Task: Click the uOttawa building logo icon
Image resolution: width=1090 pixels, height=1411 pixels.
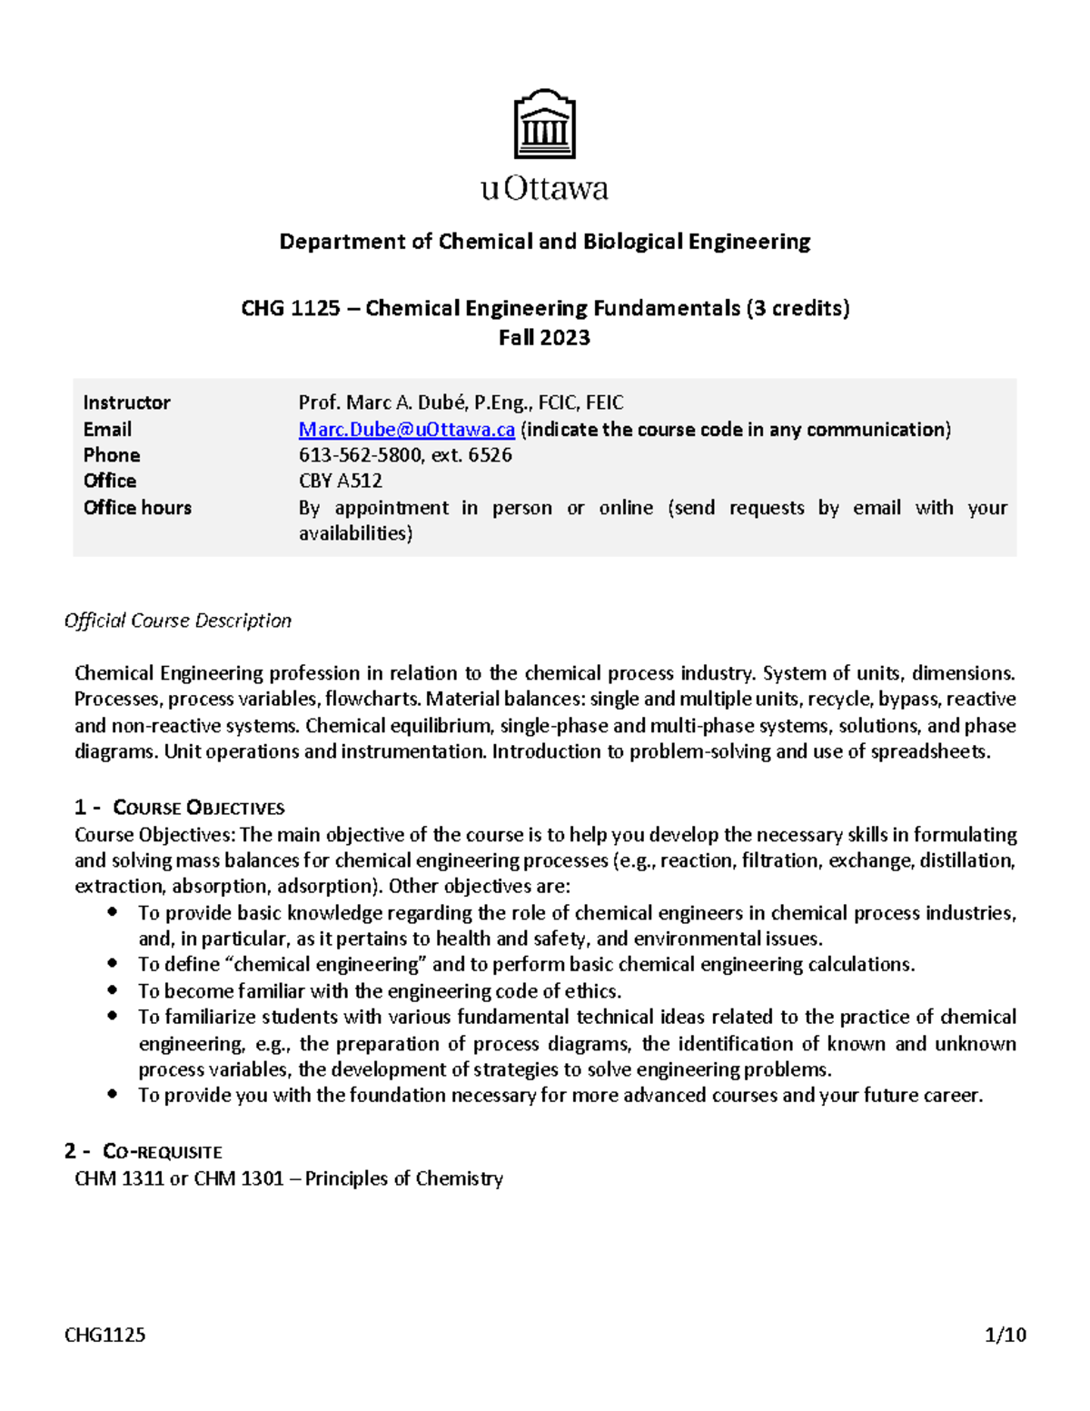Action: click(x=544, y=124)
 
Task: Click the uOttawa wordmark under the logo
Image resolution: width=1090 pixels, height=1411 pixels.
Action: click(x=544, y=189)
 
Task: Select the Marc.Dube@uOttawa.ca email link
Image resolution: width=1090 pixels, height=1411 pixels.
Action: click(x=406, y=429)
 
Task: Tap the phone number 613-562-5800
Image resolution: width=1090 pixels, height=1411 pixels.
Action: click(x=360, y=455)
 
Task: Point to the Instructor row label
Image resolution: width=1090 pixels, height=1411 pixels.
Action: click(x=126, y=402)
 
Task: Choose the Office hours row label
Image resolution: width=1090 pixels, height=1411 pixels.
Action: click(x=137, y=508)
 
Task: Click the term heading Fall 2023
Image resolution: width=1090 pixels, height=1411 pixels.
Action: click(x=544, y=338)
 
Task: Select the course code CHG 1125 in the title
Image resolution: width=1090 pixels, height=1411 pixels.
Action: click(x=290, y=309)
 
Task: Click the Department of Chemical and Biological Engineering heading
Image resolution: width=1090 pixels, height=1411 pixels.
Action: click(x=544, y=242)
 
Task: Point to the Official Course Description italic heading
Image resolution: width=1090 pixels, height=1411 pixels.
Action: click(x=178, y=621)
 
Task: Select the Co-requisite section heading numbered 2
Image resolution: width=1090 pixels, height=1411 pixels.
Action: click(x=144, y=1152)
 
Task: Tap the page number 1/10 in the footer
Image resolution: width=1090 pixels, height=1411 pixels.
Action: click(x=1005, y=1335)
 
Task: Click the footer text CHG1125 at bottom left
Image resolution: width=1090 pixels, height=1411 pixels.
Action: click(x=104, y=1335)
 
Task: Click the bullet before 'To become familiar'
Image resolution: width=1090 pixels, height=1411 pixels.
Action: click(x=112, y=990)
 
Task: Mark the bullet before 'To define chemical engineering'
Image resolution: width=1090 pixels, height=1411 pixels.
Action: click(x=112, y=963)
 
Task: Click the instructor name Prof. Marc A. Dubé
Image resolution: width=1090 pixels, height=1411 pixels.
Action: click(x=381, y=402)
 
